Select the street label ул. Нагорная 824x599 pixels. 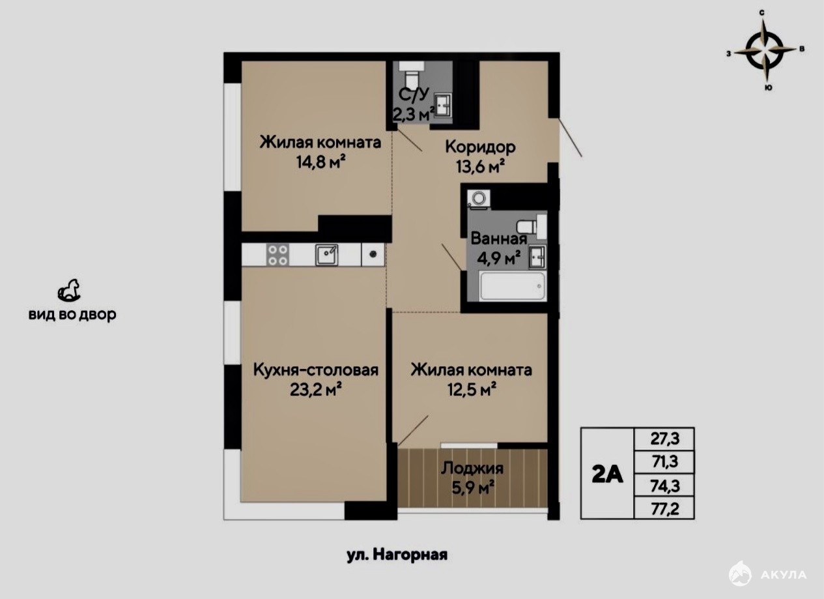[x=397, y=555]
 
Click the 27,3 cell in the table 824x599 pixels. [x=664, y=439]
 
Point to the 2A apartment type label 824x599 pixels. [x=607, y=475]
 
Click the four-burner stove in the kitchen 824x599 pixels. [x=277, y=255]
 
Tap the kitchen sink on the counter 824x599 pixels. [x=326, y=255]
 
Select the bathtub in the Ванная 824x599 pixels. [x=512, y=287]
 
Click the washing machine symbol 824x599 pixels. [x=479, y=199]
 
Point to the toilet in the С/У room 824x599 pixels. [x=411, y=74]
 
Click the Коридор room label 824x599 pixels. [x=480, y=147]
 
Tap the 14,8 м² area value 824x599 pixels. [x=320, y=162]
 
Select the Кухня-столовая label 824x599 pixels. [x=316, y=370]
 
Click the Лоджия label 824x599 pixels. [x=472, y=468]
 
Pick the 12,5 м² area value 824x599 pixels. [x=472, y=390]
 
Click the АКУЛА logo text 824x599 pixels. [x=784, y=575]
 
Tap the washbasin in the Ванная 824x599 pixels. [x=537, y=257]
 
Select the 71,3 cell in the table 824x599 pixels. [x=664, y=461]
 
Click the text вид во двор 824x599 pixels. [x=72, y=315]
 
